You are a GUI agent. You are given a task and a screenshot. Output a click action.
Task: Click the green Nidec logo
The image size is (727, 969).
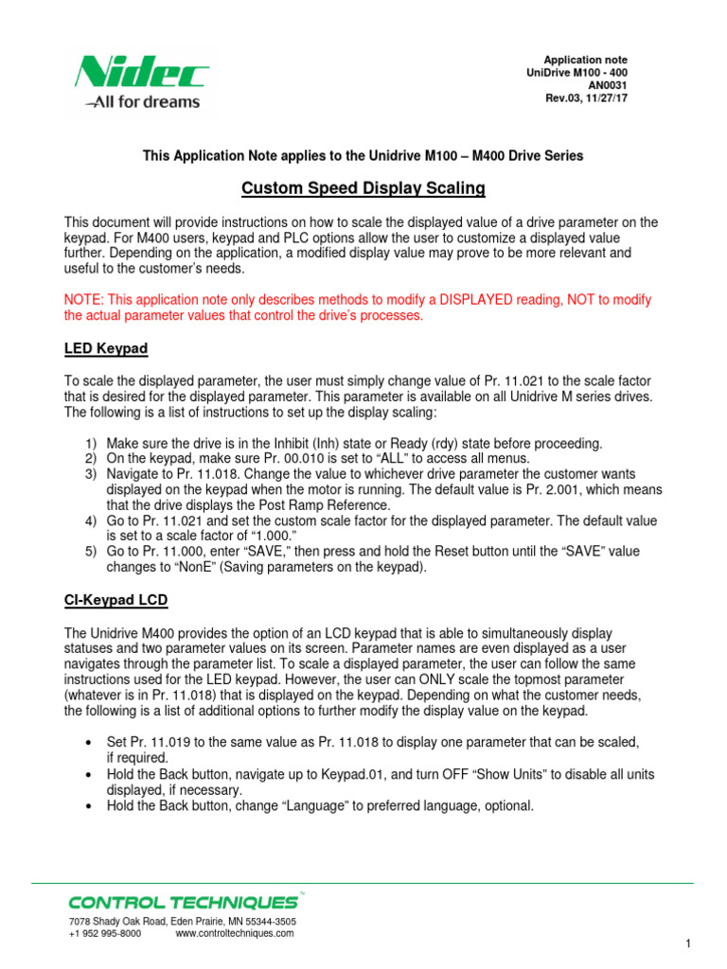[x=142, y=71]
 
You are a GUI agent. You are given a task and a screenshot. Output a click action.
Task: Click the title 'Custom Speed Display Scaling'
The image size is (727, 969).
[x=363, y=188]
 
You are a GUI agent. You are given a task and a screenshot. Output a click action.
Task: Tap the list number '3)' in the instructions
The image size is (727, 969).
[x=91, y=473]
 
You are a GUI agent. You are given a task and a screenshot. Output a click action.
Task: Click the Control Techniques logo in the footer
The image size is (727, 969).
[x=183, y=902]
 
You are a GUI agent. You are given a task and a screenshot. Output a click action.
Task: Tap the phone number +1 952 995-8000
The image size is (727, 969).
[x=105, y=933]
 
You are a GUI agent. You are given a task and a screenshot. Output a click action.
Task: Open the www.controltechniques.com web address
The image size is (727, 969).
[x=235, y=933]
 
